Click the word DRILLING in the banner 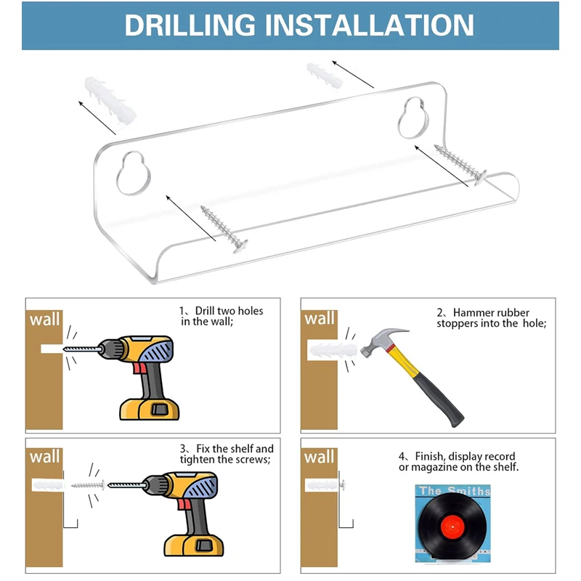190,25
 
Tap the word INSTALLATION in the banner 370,25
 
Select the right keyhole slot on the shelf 413,118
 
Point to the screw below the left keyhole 224,229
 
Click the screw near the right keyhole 460,165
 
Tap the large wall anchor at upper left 110,99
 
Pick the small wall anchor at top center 324,76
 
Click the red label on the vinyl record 452,527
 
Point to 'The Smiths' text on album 455,491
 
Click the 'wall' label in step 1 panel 44,319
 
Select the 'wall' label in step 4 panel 320,457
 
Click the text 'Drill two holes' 229,311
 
